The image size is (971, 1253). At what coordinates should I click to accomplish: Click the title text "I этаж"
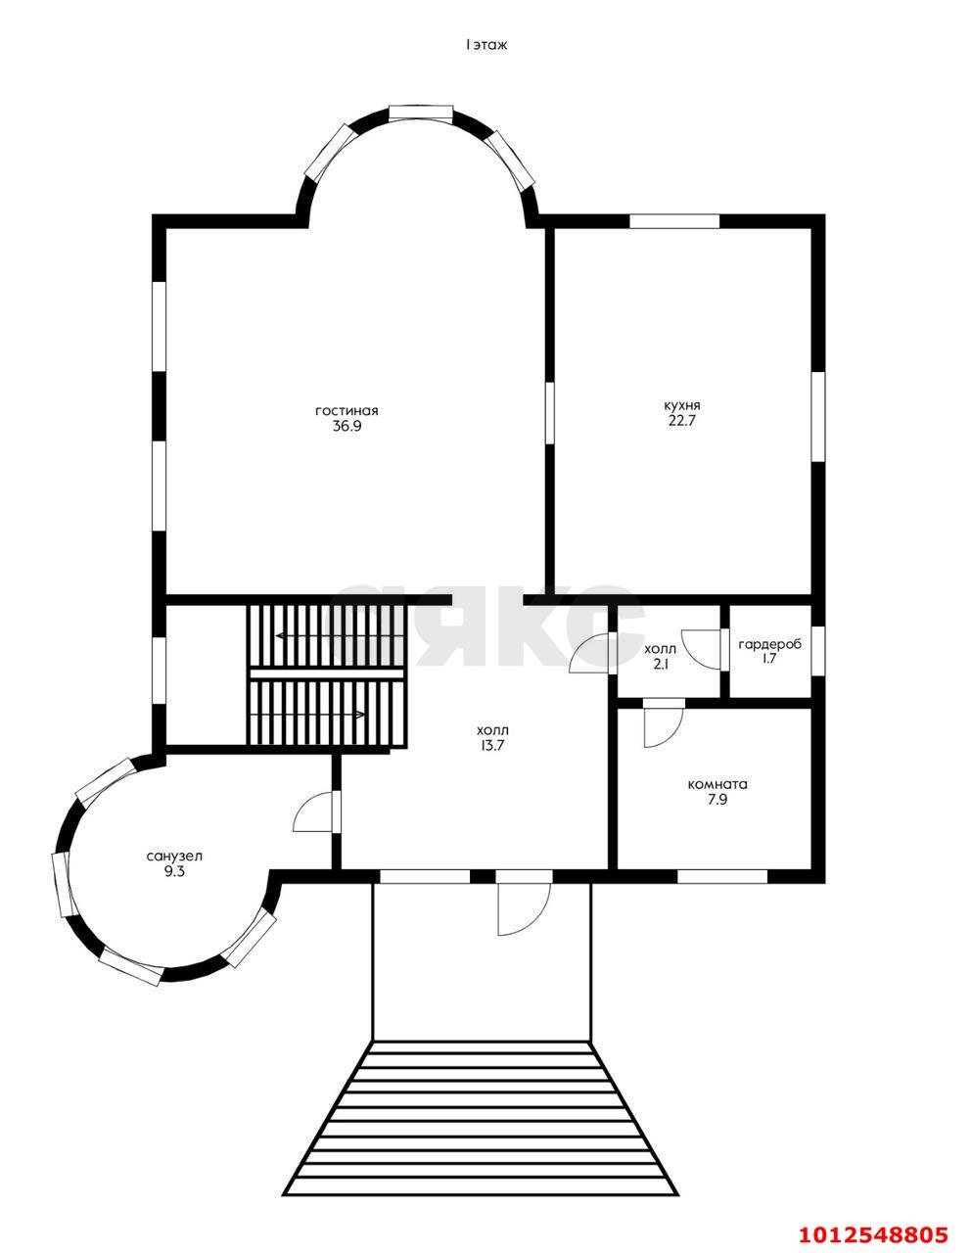point(486,46)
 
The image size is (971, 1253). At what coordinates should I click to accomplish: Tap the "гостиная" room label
point(347,410)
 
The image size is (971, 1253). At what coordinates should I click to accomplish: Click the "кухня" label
point(682,405)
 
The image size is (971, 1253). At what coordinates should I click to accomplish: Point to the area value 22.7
point(682,420)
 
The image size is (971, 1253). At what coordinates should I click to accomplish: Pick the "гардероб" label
point(769,645)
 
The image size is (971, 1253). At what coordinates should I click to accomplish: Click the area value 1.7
point(769,659)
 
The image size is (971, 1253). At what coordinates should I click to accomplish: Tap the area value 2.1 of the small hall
point(660,664)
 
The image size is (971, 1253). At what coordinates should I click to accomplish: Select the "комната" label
point(717,785)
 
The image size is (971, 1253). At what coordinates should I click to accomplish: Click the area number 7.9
point(717,800)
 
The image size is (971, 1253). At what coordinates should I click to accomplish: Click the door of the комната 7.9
point(664,723)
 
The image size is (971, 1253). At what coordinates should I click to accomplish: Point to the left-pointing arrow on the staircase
point(340,636)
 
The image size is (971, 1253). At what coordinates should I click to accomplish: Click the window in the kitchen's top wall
point(674,221)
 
